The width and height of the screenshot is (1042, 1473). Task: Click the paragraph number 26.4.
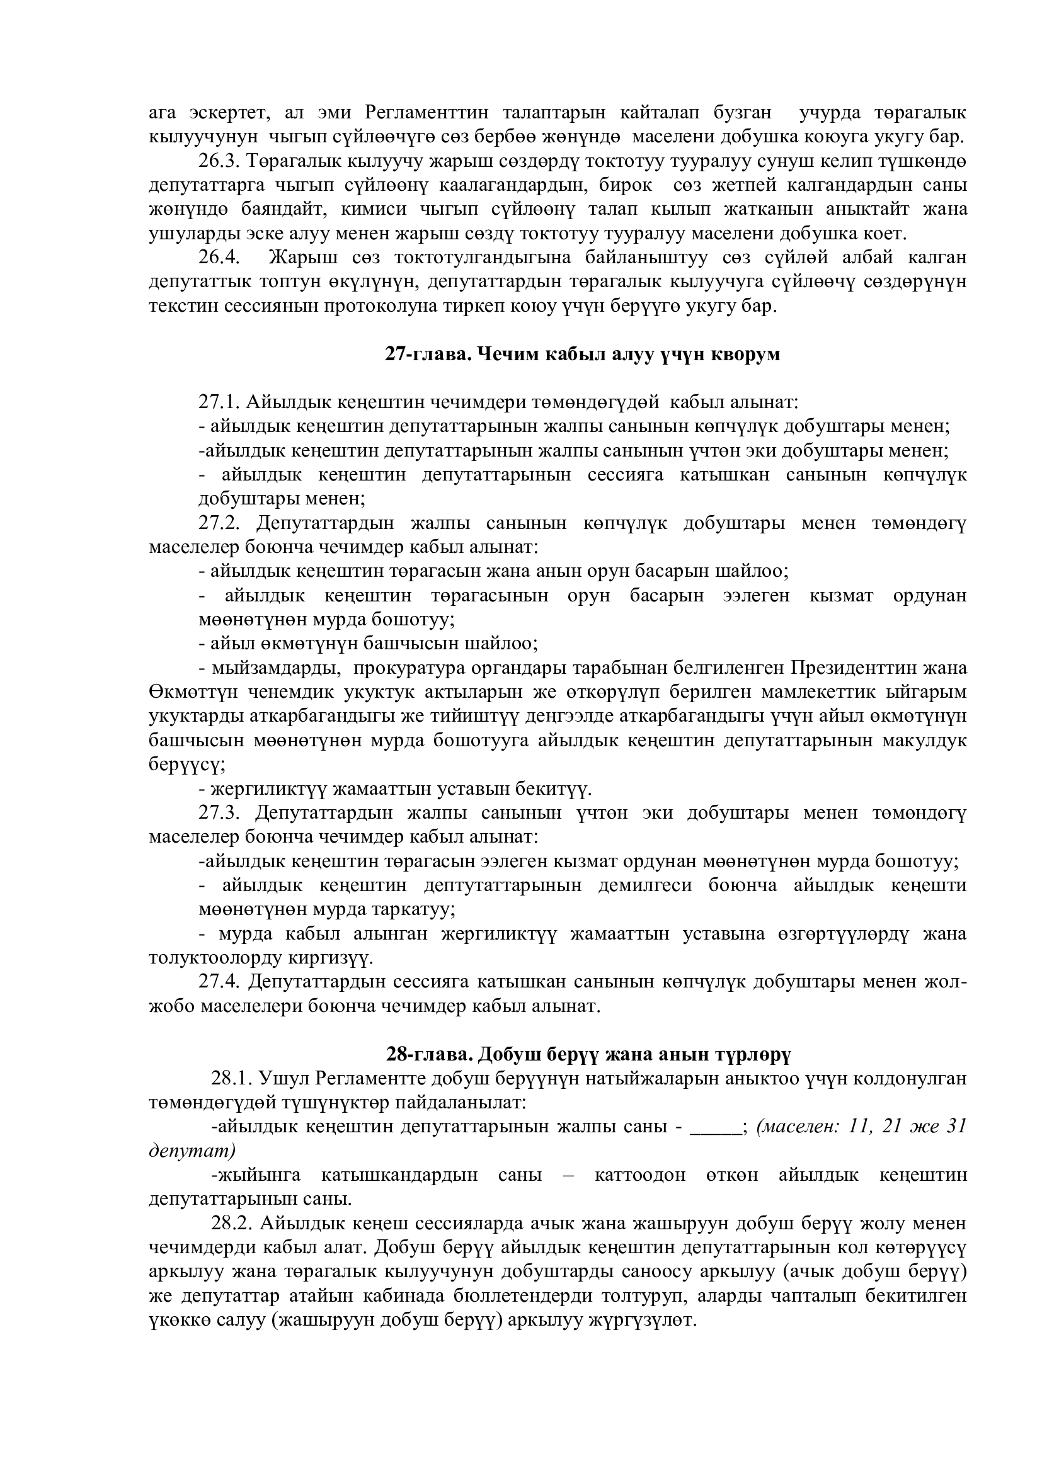point(219,258)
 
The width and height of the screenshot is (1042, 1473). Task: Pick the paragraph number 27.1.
point(219,402)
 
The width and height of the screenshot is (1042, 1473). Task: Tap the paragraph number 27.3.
point(219,813)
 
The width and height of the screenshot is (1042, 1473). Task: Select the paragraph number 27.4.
point(219,982)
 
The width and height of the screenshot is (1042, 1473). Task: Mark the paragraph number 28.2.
point(232,1224)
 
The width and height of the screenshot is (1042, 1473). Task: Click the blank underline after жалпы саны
point(715,1127)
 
